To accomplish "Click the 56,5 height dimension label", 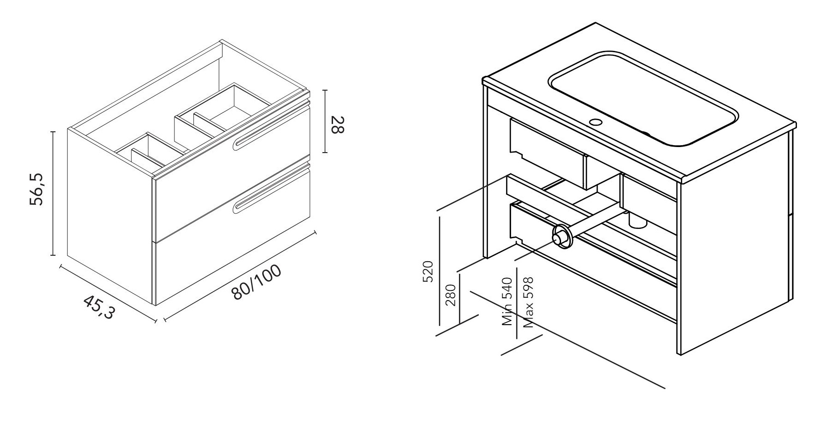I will click(x=37, y=189).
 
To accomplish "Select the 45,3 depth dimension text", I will click(x=99, y=307).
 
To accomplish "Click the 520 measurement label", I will click(x=428, y=271).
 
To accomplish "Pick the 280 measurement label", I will click(x=451, y=295).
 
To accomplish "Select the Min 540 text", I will click(x=507, y=301).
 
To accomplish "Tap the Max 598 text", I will click(x=528, y=302).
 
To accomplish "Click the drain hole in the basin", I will click(x=596, y=123).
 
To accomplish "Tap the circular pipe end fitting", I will click(x=562, y=237).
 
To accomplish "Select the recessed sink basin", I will click(x=643, y=99).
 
